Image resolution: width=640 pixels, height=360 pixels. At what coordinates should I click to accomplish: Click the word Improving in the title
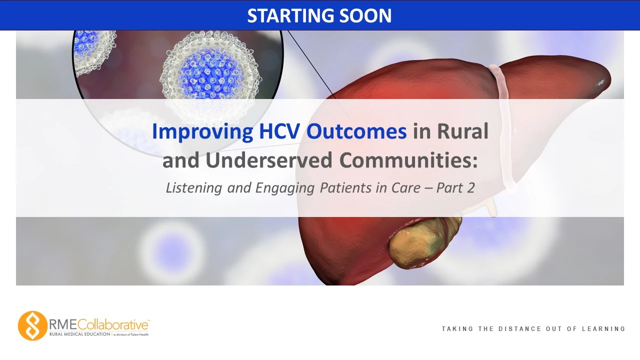(202, 131)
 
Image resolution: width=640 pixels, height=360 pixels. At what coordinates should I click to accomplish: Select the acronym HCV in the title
(279, 131)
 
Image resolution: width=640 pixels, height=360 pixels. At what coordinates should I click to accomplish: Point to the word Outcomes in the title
(356, 131)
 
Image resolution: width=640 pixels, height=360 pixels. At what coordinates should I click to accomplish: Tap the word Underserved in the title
(269, 160)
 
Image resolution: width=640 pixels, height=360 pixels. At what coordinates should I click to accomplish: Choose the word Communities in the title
(408, 160)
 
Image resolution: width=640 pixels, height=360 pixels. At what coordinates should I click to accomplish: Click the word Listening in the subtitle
(194, 188)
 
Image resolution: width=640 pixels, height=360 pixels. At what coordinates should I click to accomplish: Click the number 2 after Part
(471, 188)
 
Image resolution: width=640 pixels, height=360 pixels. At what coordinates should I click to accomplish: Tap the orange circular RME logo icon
(32, 325)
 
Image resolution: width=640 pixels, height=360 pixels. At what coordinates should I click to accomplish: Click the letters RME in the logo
(63, 325)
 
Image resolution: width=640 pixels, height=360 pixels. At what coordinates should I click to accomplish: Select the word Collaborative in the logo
(113, 325)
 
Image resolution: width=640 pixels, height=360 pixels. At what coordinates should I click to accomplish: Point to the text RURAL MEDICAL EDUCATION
(79, 334)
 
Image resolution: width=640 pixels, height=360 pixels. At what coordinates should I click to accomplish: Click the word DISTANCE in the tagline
(519, 329)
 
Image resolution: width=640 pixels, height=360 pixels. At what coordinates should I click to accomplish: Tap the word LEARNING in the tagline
(603, 329)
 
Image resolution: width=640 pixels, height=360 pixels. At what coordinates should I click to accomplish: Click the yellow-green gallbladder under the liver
(424, 243)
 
